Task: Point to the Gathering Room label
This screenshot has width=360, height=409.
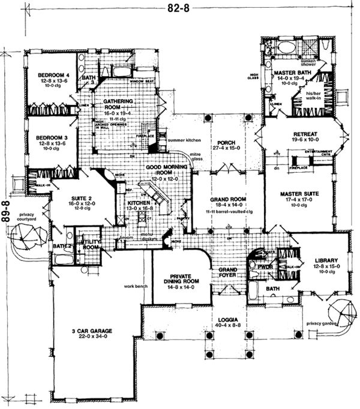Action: click(x=117, y=105)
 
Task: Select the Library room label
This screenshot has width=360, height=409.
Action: click(x=327, y=260)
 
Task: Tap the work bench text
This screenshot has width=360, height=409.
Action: click(x=137, y=286)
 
